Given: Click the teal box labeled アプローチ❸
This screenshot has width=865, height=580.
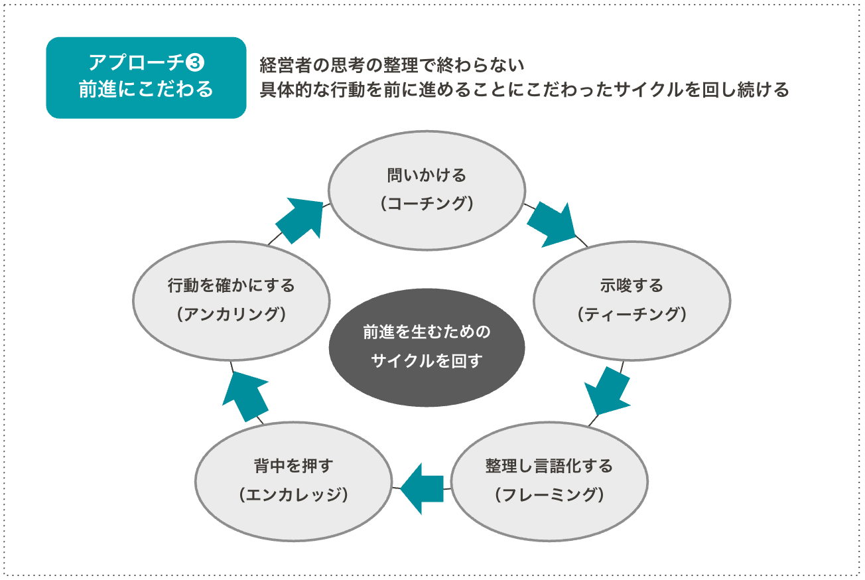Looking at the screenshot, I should (146, 78).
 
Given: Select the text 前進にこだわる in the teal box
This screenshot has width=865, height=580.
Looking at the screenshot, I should (146, 90).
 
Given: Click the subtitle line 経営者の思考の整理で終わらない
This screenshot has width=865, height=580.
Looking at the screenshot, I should (393, 66).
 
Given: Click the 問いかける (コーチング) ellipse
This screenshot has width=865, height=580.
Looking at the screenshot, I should (427, 190).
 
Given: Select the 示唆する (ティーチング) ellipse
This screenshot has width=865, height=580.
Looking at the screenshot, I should (632, 300).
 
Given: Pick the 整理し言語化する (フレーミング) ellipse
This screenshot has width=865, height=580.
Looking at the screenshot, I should (549, 480).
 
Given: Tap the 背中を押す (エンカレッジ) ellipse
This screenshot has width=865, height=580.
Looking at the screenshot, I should (293, 480).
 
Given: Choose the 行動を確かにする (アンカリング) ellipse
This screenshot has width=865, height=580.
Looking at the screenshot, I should (231, 300).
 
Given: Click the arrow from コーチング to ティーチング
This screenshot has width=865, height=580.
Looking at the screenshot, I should (553, 223).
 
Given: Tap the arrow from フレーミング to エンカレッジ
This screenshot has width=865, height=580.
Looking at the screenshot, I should (422, 488).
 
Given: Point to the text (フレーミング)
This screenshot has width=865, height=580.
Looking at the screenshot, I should (549, 494).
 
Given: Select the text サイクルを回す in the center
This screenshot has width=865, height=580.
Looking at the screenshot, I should (427, 362).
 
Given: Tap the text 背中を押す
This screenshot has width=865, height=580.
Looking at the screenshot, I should (293, 466).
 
